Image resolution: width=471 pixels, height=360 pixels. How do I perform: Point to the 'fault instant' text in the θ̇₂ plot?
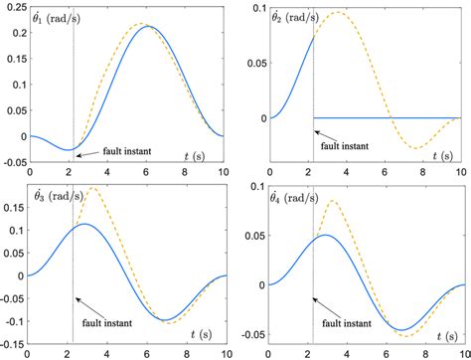pyautogui.click(x=339, y=145)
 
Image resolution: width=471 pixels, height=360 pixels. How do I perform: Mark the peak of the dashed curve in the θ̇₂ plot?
pyautogui.click(x=339, y=12)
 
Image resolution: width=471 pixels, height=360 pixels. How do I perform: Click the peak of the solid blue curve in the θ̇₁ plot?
pyautogui.click(x=147, y=26)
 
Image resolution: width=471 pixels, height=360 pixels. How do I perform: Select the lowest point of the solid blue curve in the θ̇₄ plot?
pyautogui.click(x=402, y=329)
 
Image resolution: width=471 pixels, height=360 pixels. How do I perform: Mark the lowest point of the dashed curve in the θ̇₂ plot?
pyautogui.click(x=417, y=148)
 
